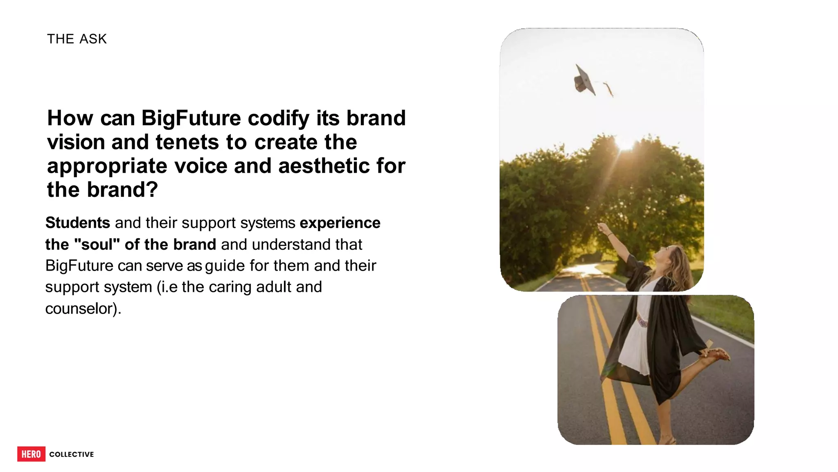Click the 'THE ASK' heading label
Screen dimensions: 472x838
click(77, 39)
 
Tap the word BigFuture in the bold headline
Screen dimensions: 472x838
click(191, 118)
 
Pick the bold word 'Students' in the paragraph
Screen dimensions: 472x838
click(78, 223)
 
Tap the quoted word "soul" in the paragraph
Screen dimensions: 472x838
click(97, 244)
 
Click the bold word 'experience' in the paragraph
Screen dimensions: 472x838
click(340, 223)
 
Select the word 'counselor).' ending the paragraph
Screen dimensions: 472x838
click(83, 309)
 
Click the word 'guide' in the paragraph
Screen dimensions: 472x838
click(225, 266)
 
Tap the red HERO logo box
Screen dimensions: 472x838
click(31, 454)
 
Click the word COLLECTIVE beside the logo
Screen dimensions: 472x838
click(72, 454)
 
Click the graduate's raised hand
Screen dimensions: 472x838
click(602, 227)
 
